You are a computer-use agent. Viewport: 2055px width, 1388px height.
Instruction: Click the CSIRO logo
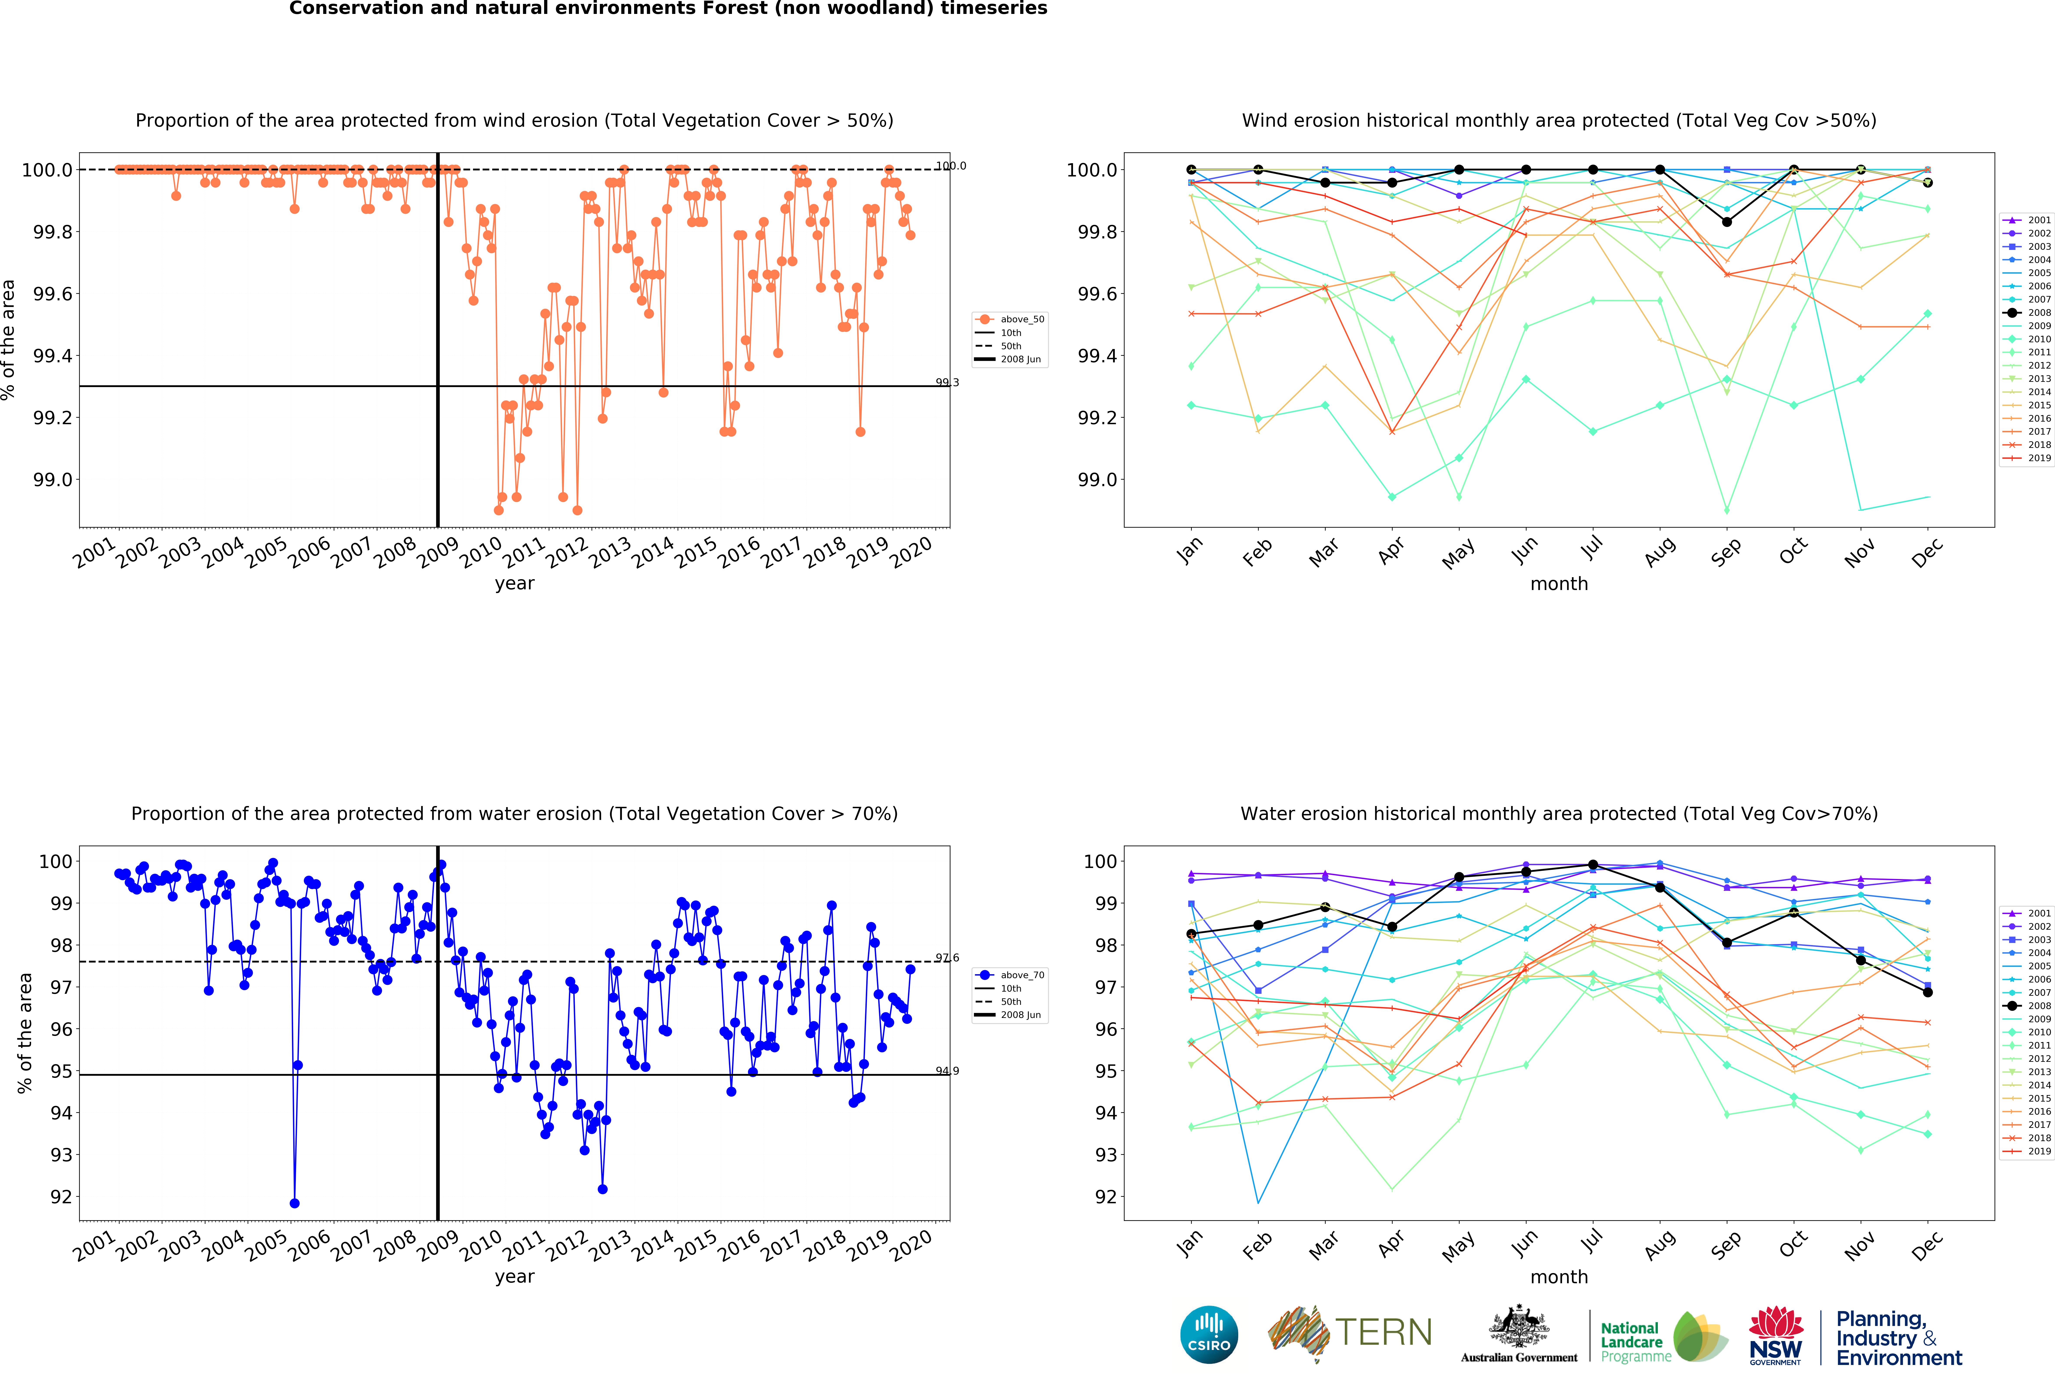point(1209,1334)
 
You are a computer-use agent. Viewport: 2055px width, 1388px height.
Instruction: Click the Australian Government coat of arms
point(1518,1326)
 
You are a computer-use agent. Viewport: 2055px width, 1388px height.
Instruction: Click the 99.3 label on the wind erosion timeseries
point(947,383)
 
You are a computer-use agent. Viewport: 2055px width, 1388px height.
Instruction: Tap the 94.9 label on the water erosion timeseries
point(947,1071)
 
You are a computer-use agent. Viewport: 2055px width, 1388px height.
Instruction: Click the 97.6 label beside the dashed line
point(947,957)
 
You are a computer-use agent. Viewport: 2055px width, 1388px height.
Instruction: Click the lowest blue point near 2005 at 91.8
point(294,1203)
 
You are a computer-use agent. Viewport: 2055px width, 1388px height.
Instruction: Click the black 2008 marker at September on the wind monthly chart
point(1727,222)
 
